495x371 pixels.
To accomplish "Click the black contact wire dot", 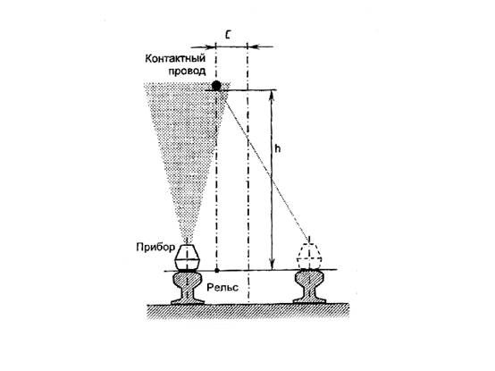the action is pos(216,85).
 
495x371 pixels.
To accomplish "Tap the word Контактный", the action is pos(175,58).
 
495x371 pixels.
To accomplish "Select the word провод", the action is pos(187,71).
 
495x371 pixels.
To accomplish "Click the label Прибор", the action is pos(155,247).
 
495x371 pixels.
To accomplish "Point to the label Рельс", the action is pos(222,287).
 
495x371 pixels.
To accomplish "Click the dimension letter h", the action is pos(277,148).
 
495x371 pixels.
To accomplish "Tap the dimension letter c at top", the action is pos(228,35).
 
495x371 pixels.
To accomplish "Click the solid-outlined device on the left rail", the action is pos(188,257).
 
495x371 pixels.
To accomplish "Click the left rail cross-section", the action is pos(188,288).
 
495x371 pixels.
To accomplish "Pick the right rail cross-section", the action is pos(309,287).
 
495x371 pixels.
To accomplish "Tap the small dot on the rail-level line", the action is pos(217,271).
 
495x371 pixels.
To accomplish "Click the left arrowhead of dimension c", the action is pos(210,47).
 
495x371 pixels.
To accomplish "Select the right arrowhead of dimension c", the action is pos(253,47).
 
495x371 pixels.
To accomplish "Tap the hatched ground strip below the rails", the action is pos(248,311).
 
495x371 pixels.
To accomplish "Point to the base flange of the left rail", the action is pos(188,302).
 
